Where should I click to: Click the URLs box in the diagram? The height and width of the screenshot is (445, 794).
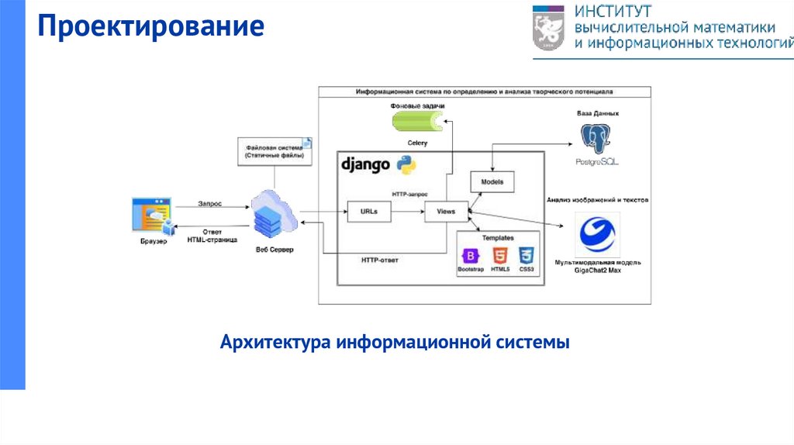368,211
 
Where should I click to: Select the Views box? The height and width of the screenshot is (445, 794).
446,211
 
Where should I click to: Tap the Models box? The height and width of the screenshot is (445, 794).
492,182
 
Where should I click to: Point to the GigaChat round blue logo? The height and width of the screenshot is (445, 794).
598,235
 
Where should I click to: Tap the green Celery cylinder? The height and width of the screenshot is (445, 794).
415,122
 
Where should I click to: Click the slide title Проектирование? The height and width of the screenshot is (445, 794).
152,28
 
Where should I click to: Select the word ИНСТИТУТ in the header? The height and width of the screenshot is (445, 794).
613,12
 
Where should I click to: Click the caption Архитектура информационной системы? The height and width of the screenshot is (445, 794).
395,341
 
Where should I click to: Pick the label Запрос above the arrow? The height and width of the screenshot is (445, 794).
209,203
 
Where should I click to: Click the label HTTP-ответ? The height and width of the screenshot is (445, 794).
380,260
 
